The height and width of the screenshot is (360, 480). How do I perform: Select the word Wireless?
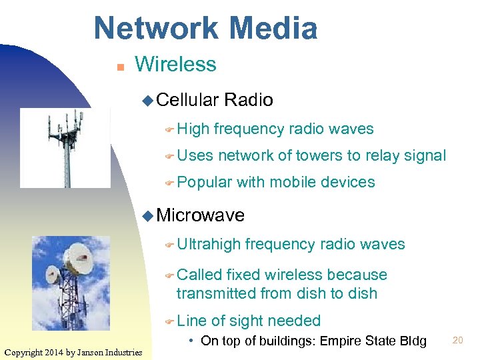[x=175, y=65]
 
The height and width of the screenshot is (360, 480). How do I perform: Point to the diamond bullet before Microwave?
[x=148, y=215]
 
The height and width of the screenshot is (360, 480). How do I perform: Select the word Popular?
[x=204, y=182]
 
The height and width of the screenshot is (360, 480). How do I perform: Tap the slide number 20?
[x=457, y=340]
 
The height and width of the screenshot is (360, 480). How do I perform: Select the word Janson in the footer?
[x=98, y=352]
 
